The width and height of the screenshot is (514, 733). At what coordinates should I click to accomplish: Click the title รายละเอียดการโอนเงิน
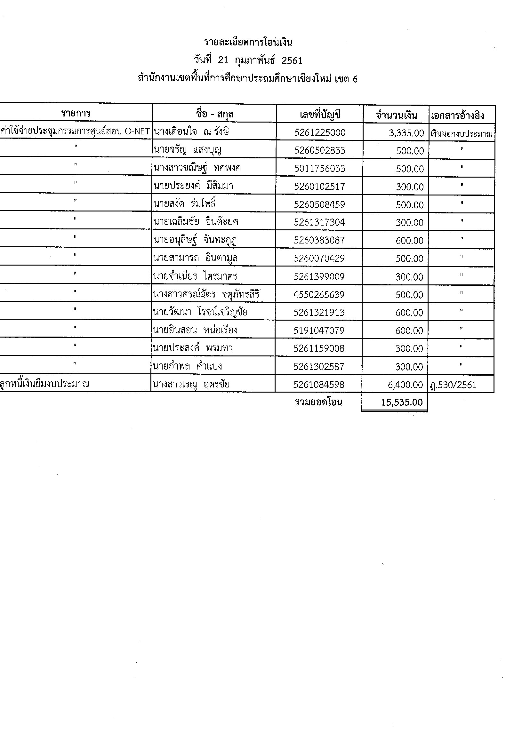coord(248,42)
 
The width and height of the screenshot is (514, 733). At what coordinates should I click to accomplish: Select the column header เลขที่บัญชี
coord(320,115)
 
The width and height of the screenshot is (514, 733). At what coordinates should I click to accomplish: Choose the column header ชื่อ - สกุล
coord(214,114)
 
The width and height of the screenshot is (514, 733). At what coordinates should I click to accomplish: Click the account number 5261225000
coord(320,132)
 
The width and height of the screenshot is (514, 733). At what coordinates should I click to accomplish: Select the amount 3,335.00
coord(406,133)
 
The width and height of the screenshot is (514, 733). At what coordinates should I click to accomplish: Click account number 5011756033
coord(320,168)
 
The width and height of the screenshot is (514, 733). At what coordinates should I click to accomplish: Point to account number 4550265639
coord(319,294)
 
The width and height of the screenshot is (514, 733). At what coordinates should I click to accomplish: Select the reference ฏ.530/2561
coord(454,385)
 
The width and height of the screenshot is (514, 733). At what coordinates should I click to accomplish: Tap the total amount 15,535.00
coord(402,402)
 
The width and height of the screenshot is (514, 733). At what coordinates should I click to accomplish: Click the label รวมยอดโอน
coord(318,402)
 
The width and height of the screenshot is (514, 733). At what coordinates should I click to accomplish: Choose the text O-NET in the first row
coord(137,131)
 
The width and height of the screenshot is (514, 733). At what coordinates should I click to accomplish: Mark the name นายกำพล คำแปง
coord(188,366)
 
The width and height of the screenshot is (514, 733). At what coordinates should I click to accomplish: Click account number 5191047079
coord(319,330)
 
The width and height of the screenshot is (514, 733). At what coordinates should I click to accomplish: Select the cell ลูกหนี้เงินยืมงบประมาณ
coord(45,384)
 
